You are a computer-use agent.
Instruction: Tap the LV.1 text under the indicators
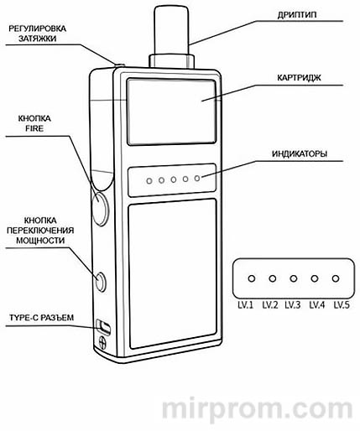(250, 304)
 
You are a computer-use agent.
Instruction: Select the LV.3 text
(292, 304)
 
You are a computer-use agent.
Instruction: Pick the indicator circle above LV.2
(272, 279)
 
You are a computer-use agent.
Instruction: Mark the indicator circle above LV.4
(315, 279)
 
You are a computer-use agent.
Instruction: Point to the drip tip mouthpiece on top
(172, 29)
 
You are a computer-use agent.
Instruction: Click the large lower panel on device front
(172, 273)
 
